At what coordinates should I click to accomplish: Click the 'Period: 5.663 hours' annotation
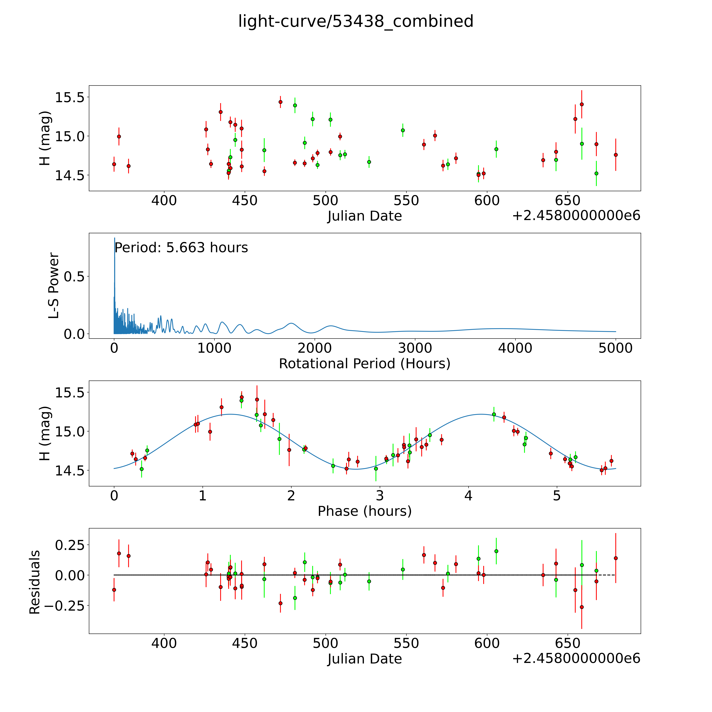click(x=181, y=248)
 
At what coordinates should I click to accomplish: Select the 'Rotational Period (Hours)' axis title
click(x=364, y=364)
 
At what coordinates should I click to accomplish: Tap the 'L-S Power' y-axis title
click(x=54, y=286)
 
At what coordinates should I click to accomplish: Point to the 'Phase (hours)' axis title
click(x=364, y=511)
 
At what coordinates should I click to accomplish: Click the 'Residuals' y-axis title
click(x=35, y=582)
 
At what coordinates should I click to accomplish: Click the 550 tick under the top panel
click(x=406, y=201)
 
